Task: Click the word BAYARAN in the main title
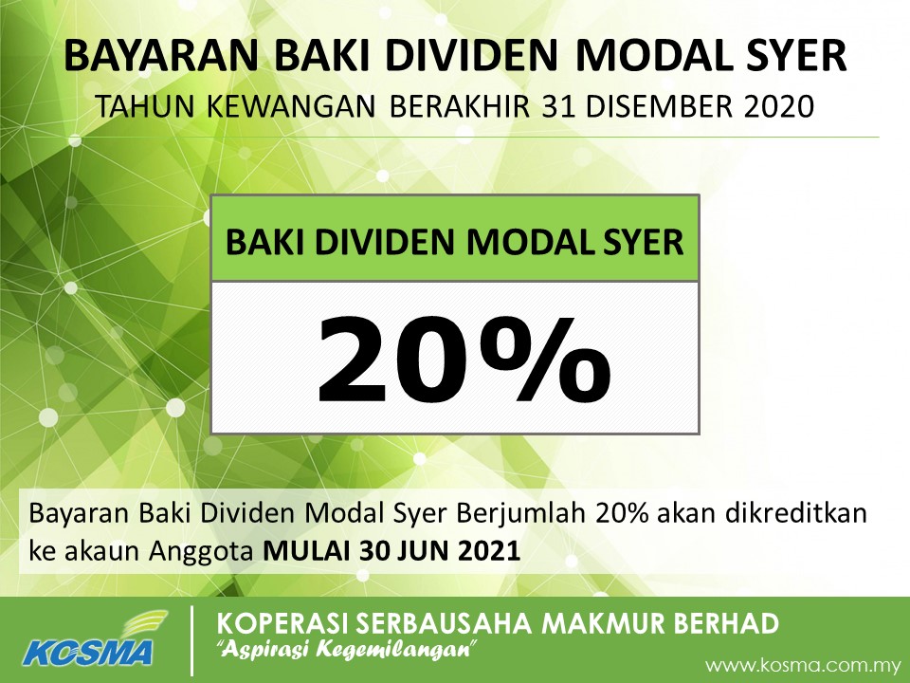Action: (161, 56)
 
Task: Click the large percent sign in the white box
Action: (549, 360)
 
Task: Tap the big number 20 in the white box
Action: (400, 360)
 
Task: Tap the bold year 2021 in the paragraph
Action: (486, 551)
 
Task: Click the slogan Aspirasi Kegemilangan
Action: (347, 649)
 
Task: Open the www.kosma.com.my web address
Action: (803, 665)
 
